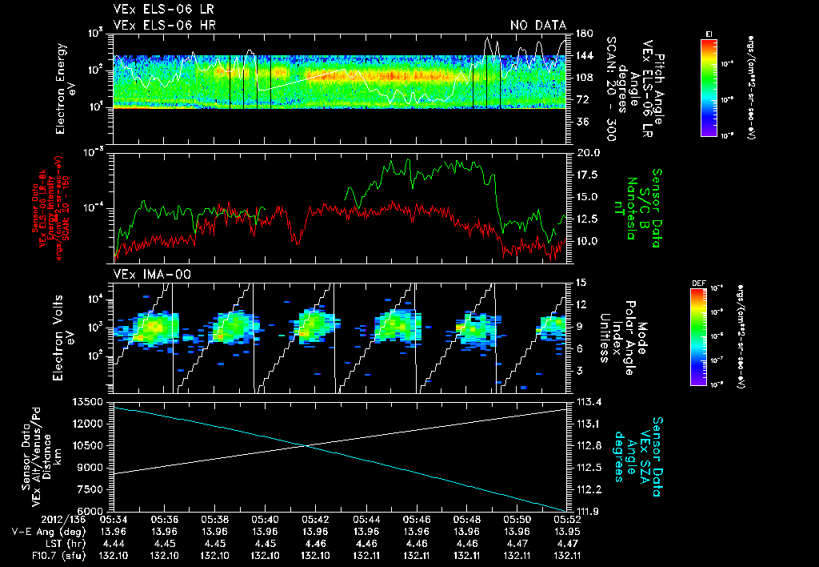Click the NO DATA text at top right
coord(538,26)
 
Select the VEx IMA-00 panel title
coord(144,275)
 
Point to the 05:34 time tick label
coord(114,519)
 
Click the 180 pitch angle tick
coord(582,34)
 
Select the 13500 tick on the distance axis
coord(90,401)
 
